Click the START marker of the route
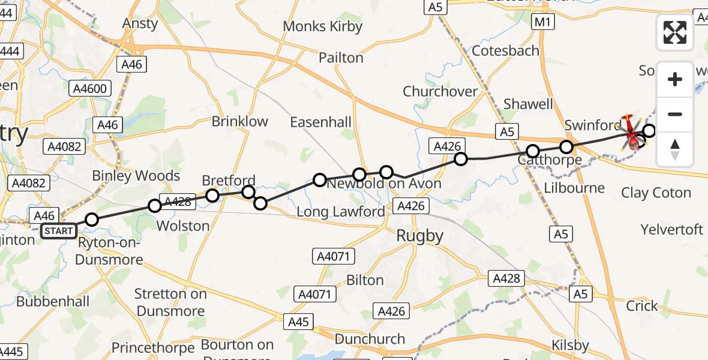(59, 231)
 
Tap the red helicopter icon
(632, 132)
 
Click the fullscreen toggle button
(675, 32)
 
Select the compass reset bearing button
(675, 149)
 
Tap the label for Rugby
(419, 236)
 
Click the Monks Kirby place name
(323, 26)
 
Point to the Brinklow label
(240, 121)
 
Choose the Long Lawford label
(341, 211)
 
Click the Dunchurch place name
(370, 339)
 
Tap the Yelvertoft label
(671, 230)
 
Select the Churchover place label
(440, 92)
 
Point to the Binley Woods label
(136, 176)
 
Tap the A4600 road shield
(89, 89)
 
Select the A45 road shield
(298, 322)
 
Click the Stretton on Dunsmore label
(170, 302)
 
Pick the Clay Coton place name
(656, 193)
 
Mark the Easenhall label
(320, 122)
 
